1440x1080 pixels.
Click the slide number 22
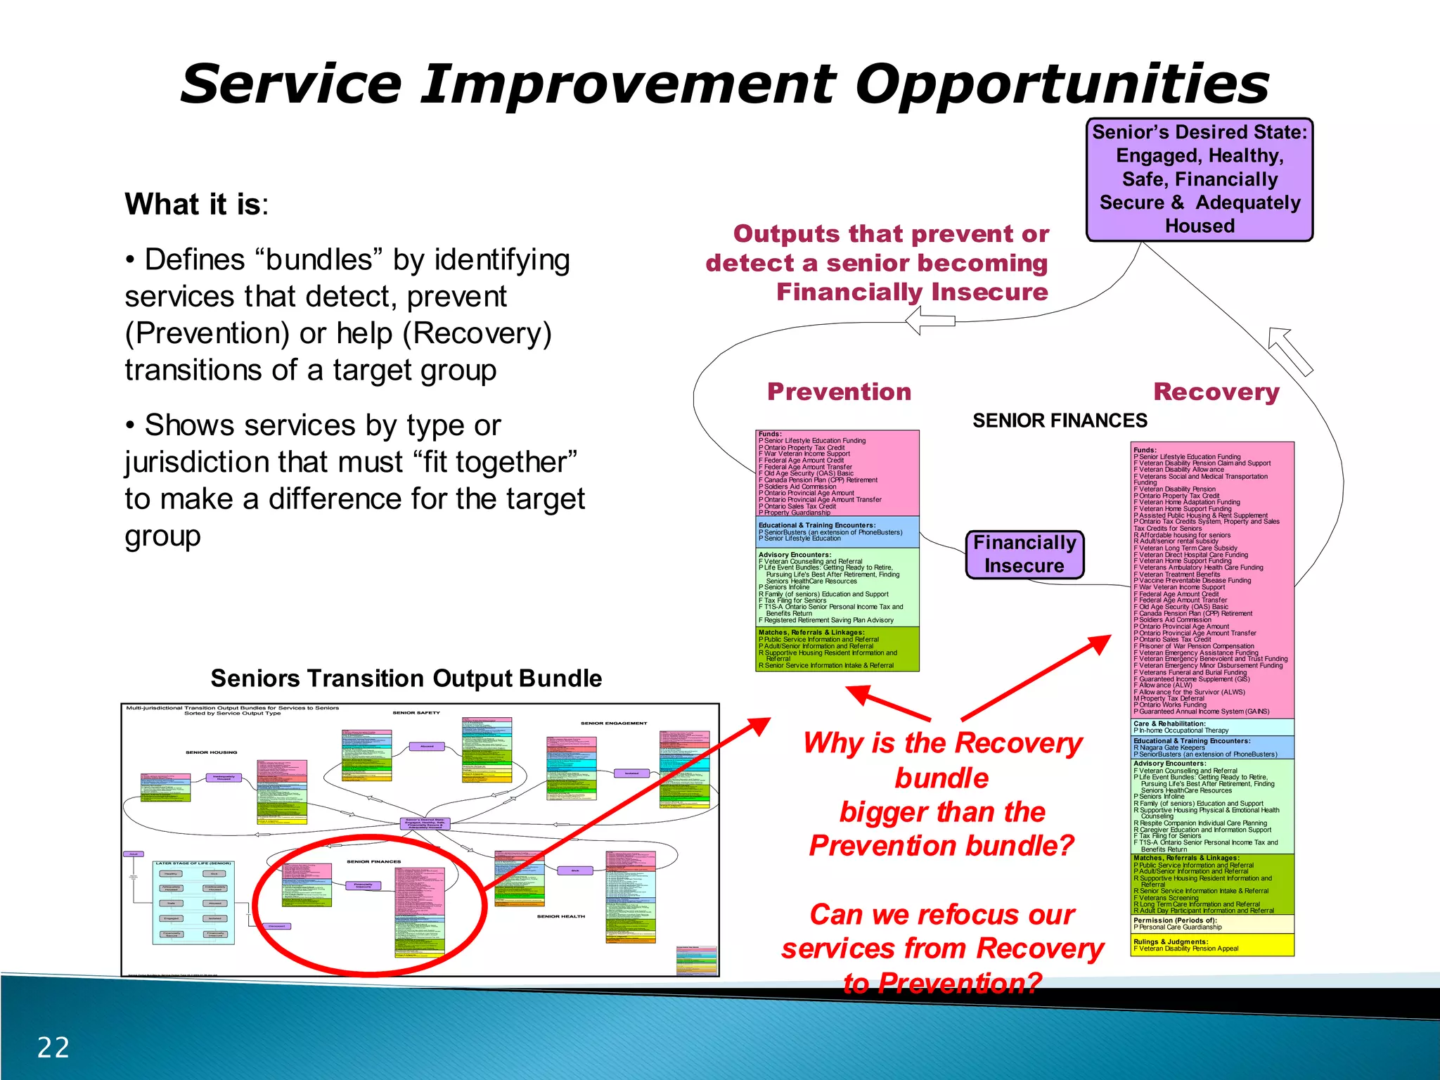53,1048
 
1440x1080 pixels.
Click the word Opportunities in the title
1062,84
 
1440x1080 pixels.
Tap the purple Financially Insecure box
1024,555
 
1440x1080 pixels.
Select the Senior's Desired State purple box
1200,179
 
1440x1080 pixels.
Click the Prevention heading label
839,392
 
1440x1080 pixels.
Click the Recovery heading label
1216,392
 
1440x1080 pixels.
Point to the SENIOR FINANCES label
1060,420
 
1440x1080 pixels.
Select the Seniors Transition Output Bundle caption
406,679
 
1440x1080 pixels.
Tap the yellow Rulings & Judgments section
1212,945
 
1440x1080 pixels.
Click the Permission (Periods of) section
1212,923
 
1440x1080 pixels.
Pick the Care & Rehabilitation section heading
1169,724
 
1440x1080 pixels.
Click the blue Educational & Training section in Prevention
837,532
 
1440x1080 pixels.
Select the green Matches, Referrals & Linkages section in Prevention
837,648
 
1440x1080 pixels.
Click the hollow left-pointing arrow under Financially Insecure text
930,321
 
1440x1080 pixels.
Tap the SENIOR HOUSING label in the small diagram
211,752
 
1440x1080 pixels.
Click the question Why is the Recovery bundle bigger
942,794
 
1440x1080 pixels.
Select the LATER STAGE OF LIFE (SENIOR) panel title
193,863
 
